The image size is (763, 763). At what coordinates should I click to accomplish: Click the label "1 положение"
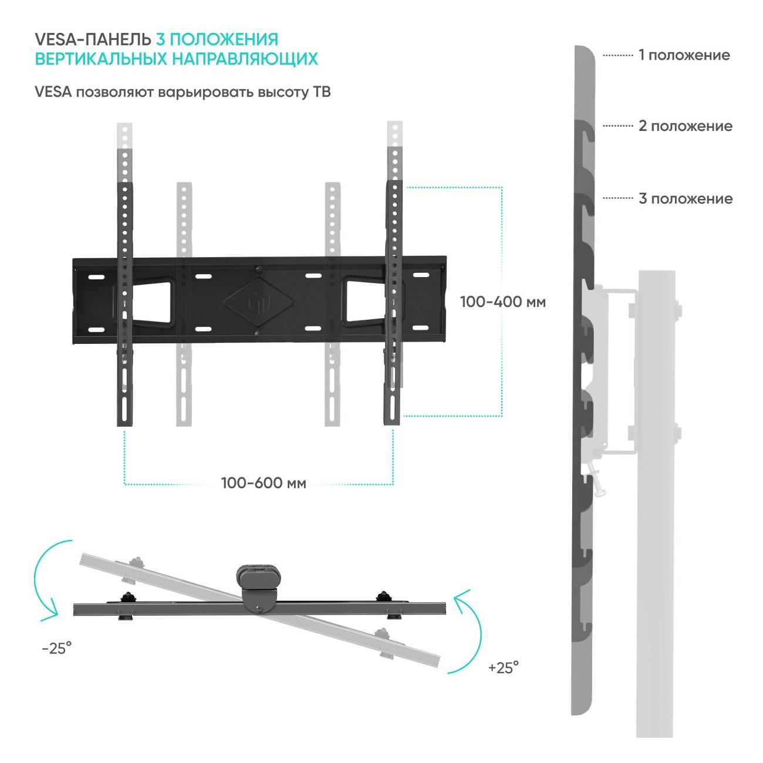click(x=684, y=55)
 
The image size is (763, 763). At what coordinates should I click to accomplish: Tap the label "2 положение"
click(x=686, y=126)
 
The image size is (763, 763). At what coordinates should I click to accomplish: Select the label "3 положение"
click(x=686, y=198)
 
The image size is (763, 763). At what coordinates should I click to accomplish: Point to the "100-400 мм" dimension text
click(x=503, y=302)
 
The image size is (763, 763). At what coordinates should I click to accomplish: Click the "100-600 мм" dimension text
click(x=264, y=483)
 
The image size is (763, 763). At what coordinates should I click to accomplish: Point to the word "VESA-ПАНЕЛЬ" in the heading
click(x=93, y=39)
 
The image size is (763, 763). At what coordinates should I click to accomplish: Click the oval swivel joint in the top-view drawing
click(x=258, y=579)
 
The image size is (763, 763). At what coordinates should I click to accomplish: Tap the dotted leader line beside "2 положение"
click(x=618, y=126)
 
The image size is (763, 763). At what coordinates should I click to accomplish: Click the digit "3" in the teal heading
click(x=160, y=39)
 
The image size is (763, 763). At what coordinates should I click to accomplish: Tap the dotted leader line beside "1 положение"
click(x=618, y=55)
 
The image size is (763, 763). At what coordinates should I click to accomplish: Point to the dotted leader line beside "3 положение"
click(x=618, y=198)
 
